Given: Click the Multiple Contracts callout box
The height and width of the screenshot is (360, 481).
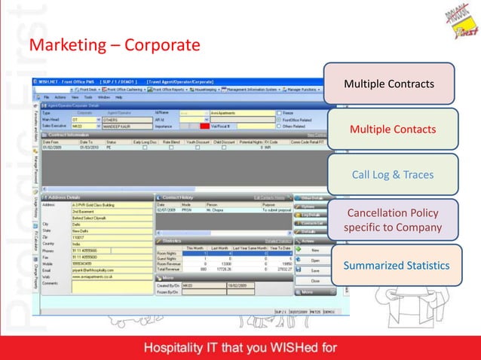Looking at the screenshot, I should tap(388, 82).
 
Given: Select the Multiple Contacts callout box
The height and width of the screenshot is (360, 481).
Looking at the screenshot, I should tap(392, 130).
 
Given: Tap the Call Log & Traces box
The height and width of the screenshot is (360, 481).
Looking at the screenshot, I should tap(392, 175).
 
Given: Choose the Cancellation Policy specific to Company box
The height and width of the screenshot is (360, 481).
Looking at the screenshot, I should tap(392, 219).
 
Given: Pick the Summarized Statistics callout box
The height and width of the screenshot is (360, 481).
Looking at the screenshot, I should tap(396, 265).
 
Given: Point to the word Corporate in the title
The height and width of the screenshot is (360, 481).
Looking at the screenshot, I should tap(161, 46).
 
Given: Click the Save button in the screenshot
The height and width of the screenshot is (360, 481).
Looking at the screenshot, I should tap(315, 270).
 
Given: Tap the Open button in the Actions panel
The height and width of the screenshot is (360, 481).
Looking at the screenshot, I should tap(315, 259).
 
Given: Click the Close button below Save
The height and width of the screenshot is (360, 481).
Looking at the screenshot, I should tap(315, 279).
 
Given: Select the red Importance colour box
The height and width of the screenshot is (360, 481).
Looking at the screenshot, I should tap(204, 125).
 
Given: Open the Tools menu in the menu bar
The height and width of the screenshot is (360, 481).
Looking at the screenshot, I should tap(88, 97).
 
